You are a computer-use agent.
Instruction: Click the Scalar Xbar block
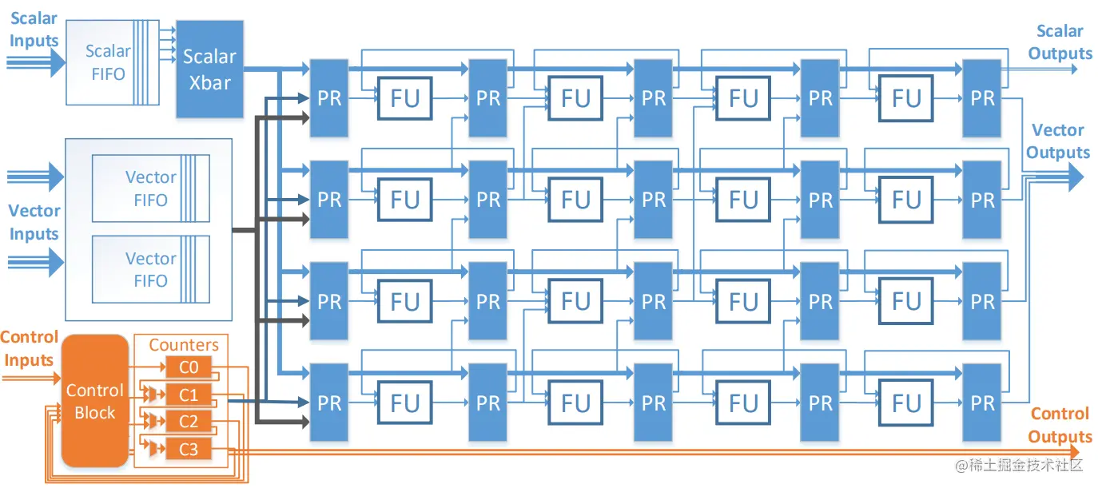click(x=209, y=69)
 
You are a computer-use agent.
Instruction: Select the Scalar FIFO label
click(x=108, y=62)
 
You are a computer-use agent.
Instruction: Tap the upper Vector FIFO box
click(x=150, y=188)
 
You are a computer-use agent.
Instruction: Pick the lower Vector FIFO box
click(x=150, y=270)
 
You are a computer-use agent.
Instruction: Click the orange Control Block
click(x=94, y=401)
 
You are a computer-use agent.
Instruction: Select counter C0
click(x=189, y=368)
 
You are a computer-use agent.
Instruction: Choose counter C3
click(x=189, y=450)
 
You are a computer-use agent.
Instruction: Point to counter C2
click(x=189, y=423)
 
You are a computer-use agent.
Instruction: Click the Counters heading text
click(x=184, y=345)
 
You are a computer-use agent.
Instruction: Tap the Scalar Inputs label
click(x=34, y=30)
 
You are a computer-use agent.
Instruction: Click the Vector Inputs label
click(x=34, y=222)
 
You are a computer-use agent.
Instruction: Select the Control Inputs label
click(x=30, y=348)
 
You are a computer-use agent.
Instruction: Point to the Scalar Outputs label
click(x=1060, y=42)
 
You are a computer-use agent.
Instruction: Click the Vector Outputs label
click(x=1058, y=141)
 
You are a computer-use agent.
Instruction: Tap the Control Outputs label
click(x=1060, y=425)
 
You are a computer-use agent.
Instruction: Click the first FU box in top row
click(x=404, y=98)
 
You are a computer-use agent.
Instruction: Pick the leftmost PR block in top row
click(x=328, y=97)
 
